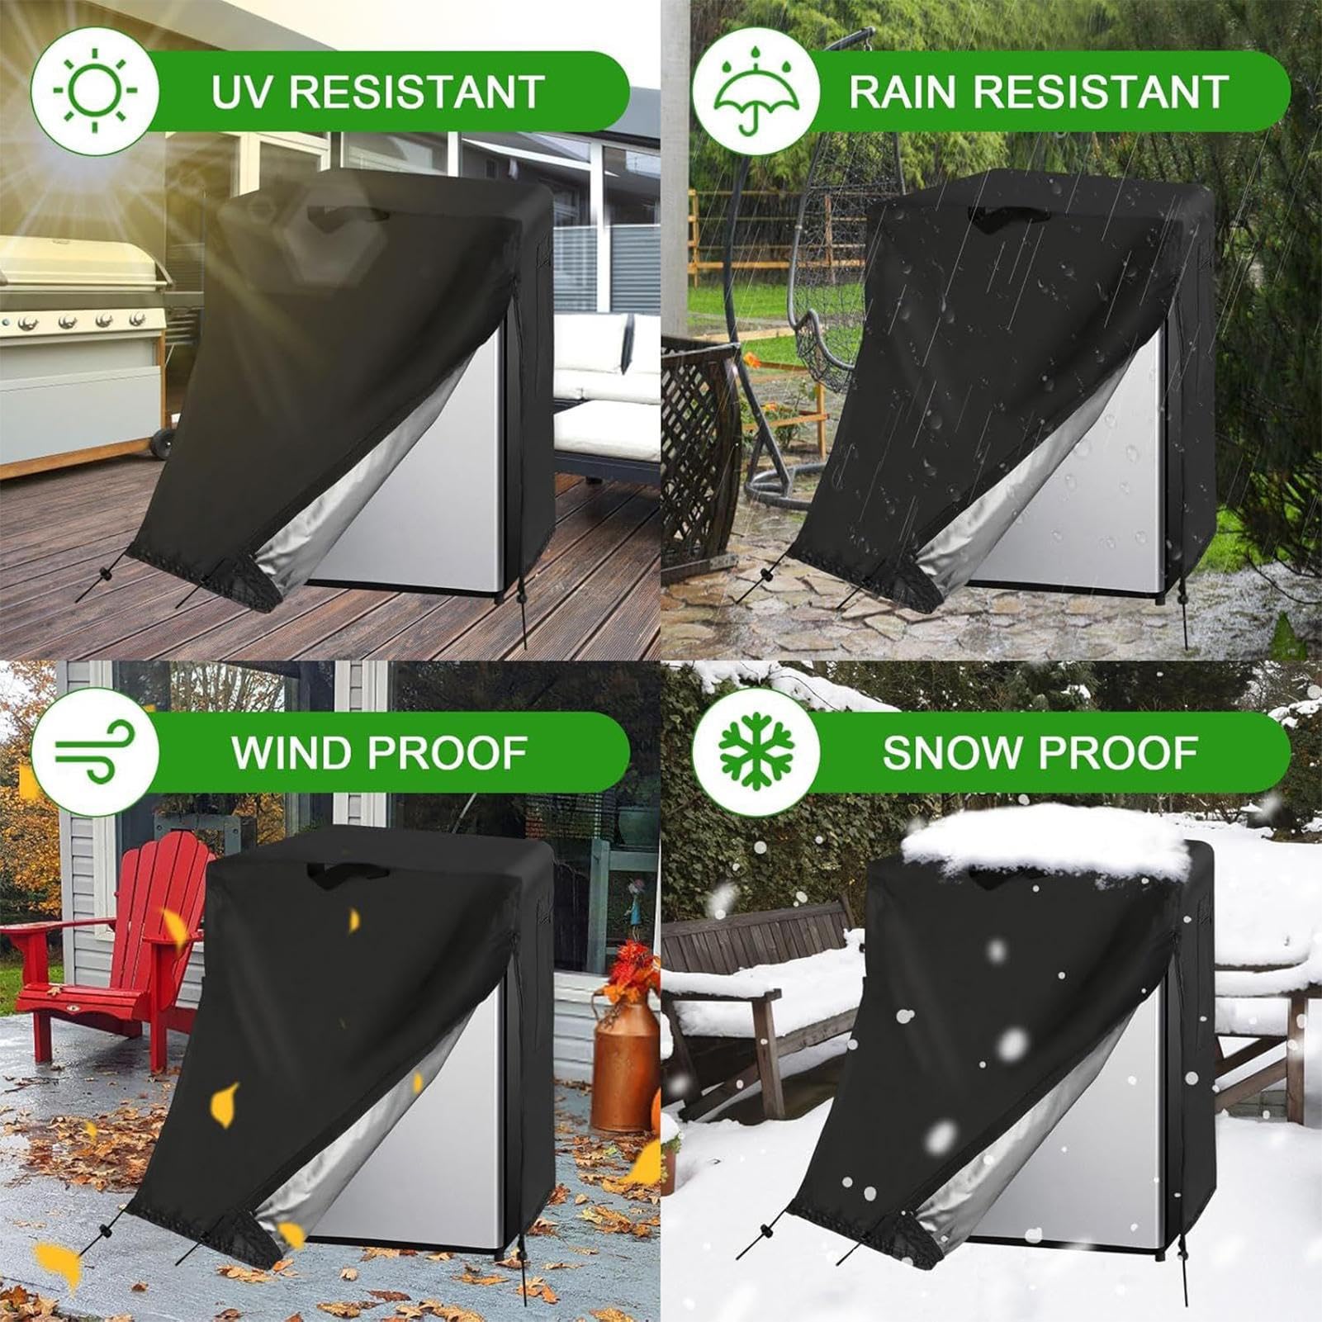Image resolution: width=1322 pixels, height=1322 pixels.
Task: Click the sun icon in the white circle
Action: (94, 91)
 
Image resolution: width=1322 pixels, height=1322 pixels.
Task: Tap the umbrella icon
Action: (755, 91)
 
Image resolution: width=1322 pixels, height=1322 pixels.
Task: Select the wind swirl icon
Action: (94, 751)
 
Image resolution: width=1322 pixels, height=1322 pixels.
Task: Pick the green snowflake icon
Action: (755, 751)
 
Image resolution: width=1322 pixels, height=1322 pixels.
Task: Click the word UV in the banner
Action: (239, 91)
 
